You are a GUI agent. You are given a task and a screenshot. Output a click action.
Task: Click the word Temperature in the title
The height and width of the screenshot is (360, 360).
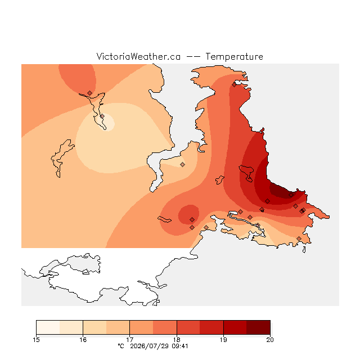click(234, 57)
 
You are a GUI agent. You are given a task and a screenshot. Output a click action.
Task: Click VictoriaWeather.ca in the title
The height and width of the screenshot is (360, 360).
click(138, 56)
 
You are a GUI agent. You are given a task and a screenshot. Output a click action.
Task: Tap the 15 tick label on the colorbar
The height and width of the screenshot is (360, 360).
click(36, 340)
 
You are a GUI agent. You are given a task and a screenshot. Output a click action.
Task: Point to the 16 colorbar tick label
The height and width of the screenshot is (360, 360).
click(83, 340)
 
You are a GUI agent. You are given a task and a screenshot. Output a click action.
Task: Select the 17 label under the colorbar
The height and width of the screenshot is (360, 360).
click(130, 340)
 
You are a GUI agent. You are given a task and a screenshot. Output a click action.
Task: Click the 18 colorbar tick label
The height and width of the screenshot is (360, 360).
click(177, 340)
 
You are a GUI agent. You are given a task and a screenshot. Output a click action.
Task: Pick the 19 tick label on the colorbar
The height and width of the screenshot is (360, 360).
click(223, 340)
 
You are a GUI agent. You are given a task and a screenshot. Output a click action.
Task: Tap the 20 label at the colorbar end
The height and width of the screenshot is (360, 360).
click(270, 340)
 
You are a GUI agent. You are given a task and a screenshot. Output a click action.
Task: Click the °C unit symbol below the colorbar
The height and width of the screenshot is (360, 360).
click(121, 346)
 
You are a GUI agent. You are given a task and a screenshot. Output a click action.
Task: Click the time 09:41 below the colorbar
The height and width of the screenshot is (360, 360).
click(180, 346)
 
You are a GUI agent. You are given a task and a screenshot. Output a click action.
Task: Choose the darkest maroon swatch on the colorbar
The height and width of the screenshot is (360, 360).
click(258, 327)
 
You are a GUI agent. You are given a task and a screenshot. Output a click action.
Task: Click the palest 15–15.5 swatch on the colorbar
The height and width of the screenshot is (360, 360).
click(48, 327)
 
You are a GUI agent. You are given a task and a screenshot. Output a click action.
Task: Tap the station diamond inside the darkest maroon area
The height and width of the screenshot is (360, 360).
click(291, 195)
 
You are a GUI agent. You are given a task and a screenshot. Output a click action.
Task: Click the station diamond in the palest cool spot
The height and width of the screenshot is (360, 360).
click(102, 116)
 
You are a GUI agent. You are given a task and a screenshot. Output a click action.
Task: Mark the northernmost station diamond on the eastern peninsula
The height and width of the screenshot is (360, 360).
click(234, 85)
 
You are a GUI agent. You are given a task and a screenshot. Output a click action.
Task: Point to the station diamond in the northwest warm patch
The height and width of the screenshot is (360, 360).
click(89, 93)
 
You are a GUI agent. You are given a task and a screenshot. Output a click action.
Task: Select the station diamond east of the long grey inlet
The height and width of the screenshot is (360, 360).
click(182, 164)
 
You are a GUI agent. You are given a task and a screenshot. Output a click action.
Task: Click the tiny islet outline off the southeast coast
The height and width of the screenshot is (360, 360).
click(304, 250)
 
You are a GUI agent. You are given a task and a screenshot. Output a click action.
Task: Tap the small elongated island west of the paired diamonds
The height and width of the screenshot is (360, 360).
click(164, 219)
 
